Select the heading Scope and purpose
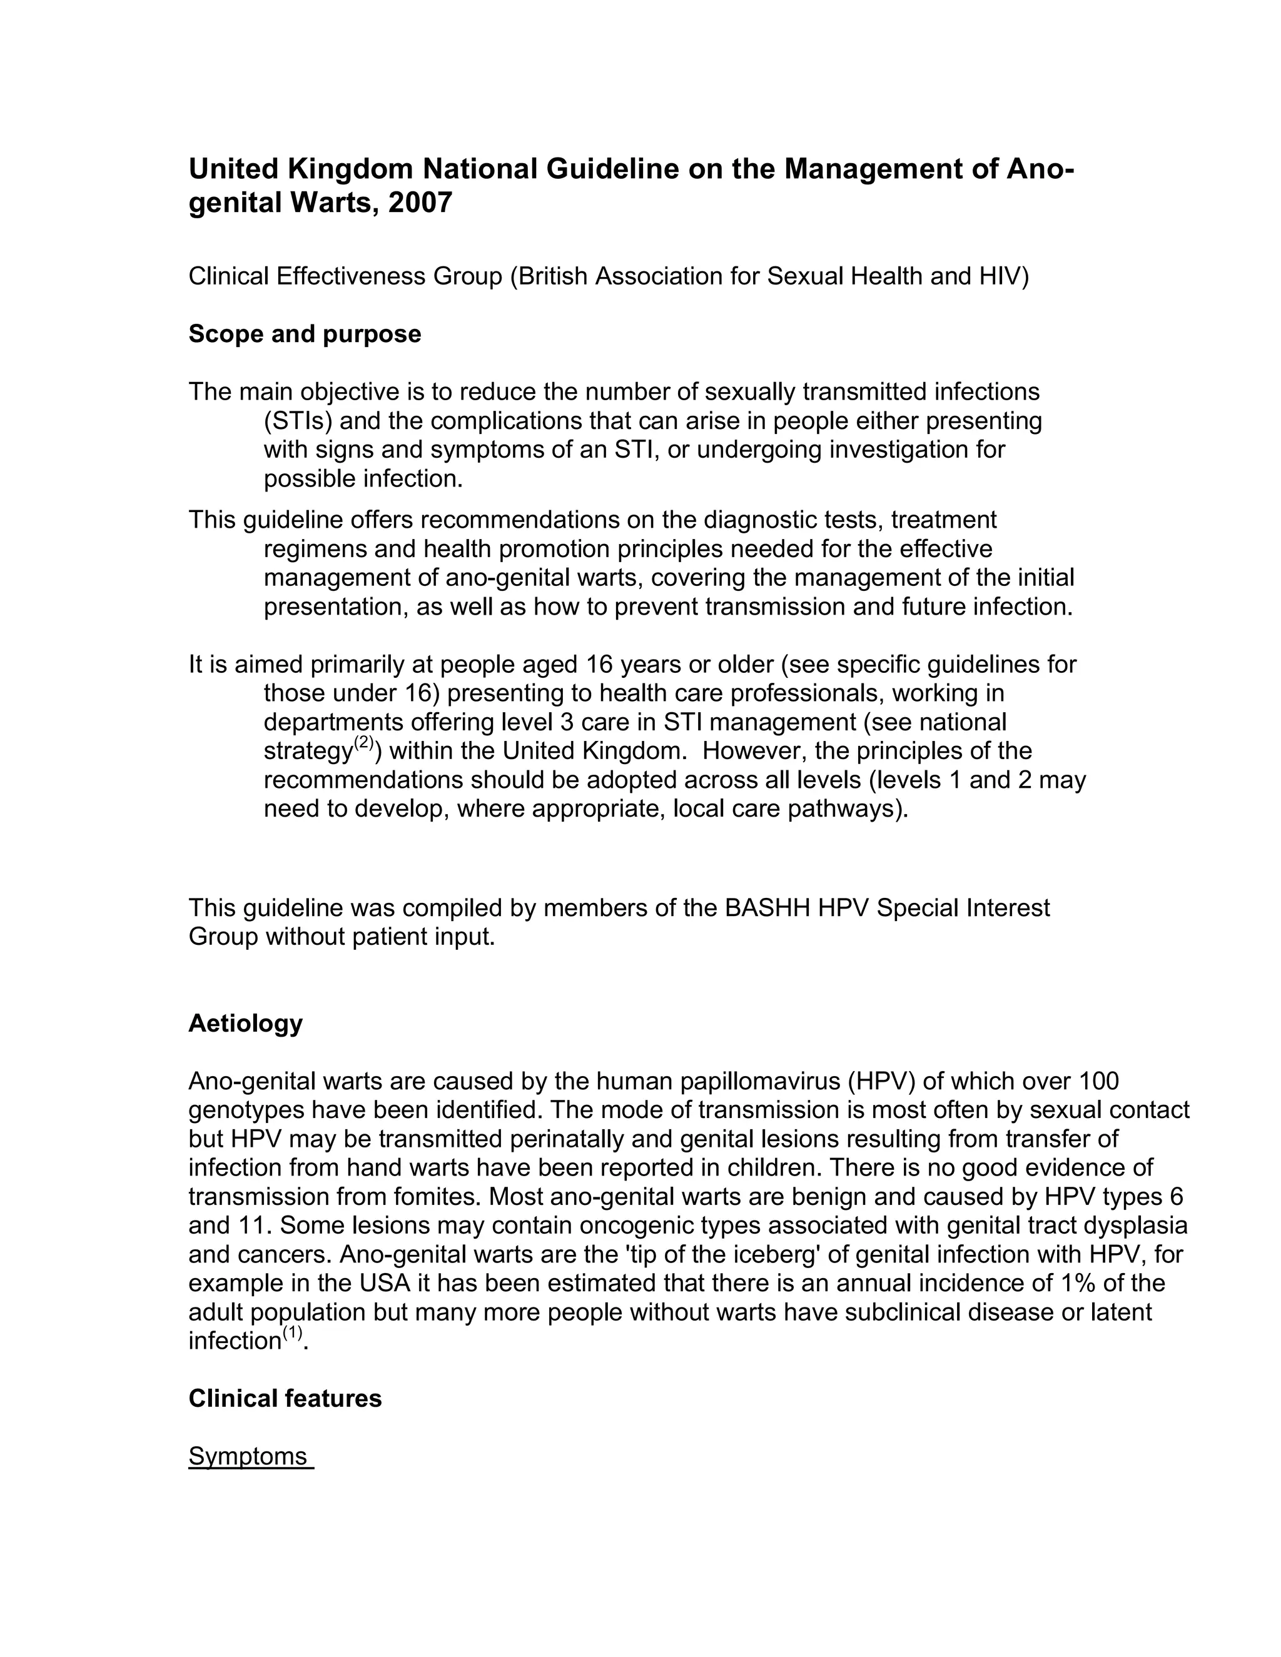[305, 334]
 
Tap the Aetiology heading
[245, 1024]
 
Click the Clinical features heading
[285, 1398]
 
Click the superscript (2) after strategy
[364, 743]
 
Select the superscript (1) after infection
[293, 1332]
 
